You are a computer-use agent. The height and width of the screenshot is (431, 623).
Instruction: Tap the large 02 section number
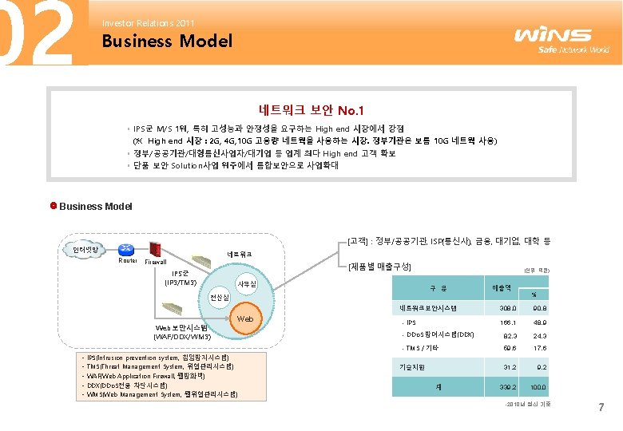click(38, 34)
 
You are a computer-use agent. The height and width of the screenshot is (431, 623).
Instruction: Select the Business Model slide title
click(167, 41)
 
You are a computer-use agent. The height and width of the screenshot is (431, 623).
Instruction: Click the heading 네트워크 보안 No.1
click(311, 109)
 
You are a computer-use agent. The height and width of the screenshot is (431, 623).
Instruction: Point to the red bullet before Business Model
click(54, 206)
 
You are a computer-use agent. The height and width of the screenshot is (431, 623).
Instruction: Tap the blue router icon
click(125, 249)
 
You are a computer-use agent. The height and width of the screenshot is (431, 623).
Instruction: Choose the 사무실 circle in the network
click(248, 285)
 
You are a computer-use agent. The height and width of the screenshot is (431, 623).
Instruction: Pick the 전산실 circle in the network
click(220, 298)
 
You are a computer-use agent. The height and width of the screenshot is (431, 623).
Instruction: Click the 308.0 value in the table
click(507, 308)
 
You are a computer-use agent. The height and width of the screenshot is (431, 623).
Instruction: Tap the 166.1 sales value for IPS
click(507, 322)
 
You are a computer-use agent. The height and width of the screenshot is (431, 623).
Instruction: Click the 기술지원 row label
click(411, 366)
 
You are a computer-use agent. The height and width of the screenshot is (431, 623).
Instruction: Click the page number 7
click(601, 409)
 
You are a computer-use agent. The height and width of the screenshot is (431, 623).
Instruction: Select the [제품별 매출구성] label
click(380, 265)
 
